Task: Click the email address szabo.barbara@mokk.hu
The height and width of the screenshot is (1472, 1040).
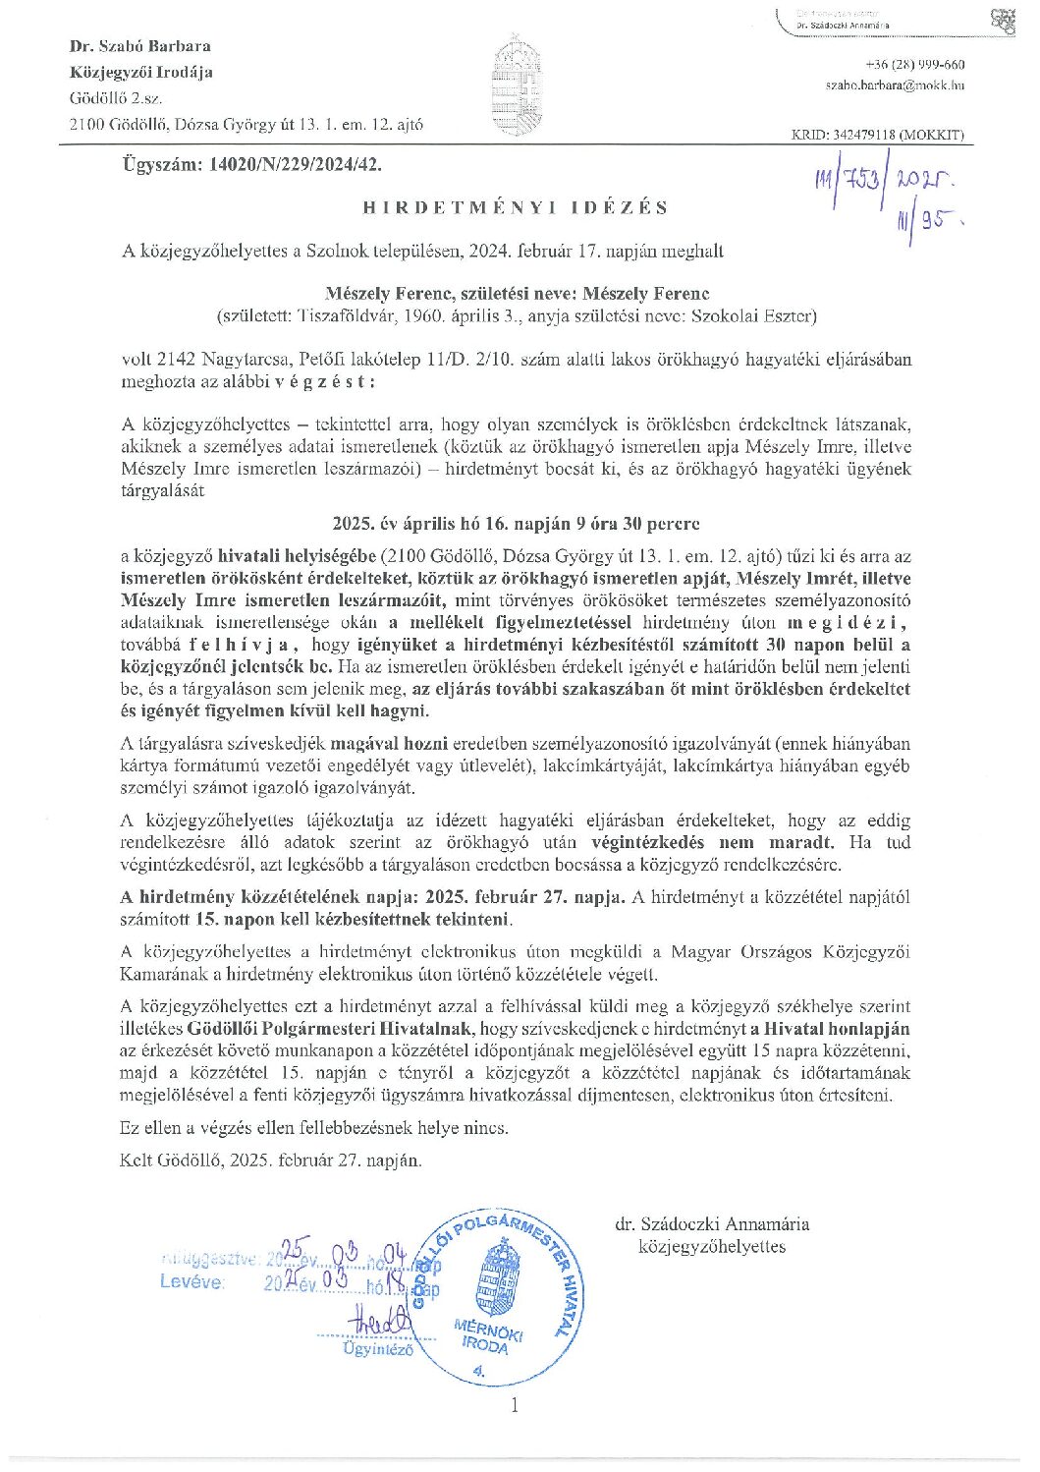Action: tap(895, 85)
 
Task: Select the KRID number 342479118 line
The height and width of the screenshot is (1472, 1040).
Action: tap(877, 135)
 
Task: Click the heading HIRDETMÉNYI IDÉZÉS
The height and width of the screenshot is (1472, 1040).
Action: tap(515, 207)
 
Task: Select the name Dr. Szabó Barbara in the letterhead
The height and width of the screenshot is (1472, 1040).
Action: tap(140, 46)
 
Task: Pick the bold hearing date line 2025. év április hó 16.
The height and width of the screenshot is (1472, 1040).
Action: tap(516, 524)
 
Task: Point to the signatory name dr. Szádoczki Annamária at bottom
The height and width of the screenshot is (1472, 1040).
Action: tap(712, 1223)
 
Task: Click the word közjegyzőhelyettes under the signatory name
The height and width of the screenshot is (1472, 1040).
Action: tap(712, 1246)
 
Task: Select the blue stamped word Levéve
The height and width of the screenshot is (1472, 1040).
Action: tap(192, 1281)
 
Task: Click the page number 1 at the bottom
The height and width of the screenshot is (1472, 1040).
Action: tap(514, 1404)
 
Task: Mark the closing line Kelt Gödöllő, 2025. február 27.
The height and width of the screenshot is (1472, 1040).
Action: tap(271, 1160)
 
